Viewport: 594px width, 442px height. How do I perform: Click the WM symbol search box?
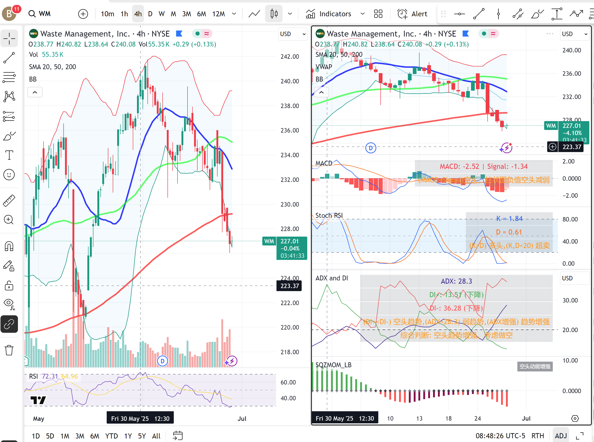(44, 14)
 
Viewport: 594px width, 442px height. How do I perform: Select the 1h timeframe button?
(124, 14)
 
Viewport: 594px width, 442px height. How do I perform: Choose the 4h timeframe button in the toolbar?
(138, 14)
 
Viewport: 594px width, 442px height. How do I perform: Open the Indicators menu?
(335, 14)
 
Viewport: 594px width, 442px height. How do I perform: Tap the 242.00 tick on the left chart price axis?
(290, 56)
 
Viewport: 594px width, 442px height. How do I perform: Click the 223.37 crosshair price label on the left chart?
(290, 286)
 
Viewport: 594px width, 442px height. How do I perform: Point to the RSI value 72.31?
(50, 376)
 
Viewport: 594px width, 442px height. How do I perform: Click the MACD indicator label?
(324, 163)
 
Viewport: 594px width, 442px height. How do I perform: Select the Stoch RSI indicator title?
(329, 215)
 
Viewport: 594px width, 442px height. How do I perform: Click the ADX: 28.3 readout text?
(456, 281)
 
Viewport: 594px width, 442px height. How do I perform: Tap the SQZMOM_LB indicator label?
(333, 365)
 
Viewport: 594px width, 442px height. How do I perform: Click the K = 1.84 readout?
(509, 219)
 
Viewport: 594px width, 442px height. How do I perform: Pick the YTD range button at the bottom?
(111, 436)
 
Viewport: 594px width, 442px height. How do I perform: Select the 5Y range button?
(142, 436)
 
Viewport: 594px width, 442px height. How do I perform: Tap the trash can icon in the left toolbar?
(9, 350)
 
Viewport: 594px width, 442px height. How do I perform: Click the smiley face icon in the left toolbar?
(9, 175)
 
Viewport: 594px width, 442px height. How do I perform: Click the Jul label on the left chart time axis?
(242, 418)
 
